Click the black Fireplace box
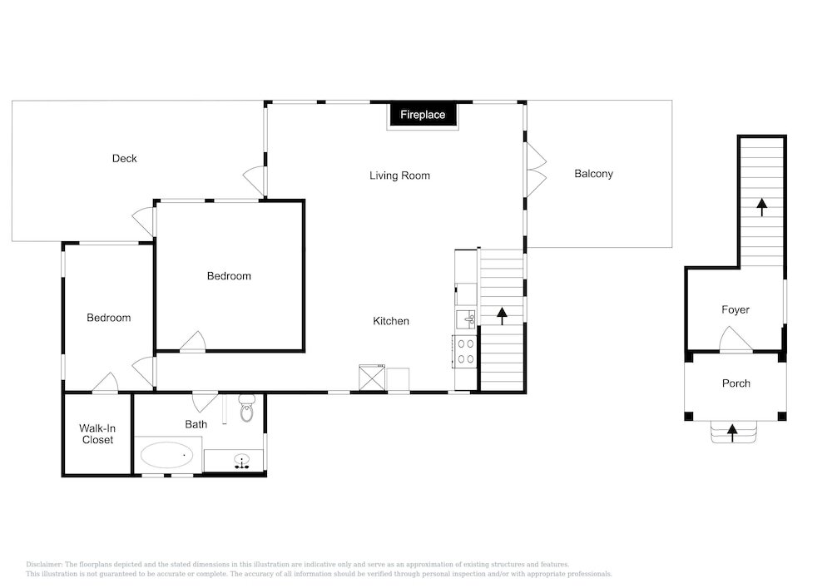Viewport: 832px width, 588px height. point(423,115)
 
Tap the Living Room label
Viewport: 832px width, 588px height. point(399,175)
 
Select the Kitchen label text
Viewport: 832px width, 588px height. point(391,321)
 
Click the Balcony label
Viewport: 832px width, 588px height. point(594,174)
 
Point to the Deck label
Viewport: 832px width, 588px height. point(124,159)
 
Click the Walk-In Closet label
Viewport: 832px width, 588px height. point(97,433)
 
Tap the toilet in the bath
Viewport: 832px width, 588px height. point(247,408)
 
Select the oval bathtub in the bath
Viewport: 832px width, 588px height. point(166,455)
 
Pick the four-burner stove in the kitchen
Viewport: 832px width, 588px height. point(465,352)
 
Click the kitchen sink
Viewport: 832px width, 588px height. point(467,319)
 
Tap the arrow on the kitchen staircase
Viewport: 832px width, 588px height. point(502,315)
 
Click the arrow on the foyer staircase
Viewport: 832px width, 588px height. point(762,207)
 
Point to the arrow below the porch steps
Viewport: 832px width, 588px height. point(732,432)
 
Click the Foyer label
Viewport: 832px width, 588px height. point(735,309)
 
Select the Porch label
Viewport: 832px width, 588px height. point(736,383)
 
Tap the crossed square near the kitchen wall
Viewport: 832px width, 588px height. point(372,378)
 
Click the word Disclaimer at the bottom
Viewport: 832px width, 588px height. point(44,565)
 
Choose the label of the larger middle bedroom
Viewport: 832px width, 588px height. point(229,276)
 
